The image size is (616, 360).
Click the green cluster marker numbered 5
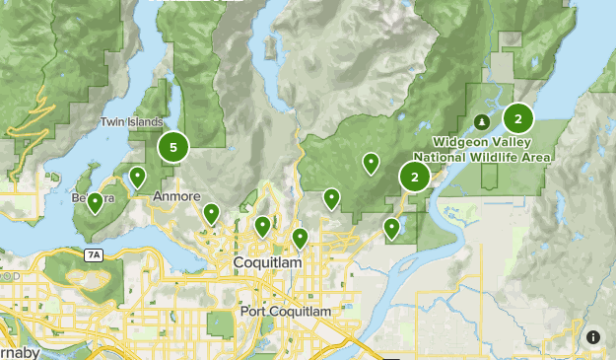tap(173, 148)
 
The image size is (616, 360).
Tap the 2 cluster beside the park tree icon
tap(517, 119)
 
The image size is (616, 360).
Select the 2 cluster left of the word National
tap(415, 178)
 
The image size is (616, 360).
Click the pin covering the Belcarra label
tap(95, 203)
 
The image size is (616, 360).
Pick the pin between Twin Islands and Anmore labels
tap(138, 178)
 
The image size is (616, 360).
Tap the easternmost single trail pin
tap(391, 229)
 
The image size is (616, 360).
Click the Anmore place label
tap(177, 197)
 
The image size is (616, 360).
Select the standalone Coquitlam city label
tap(266, 263)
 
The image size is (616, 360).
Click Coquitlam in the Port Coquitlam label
tap(301, 312)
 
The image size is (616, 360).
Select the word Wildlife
tap(495, 156)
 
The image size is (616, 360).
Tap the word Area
tap(537, 156)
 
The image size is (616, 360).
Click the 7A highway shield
tap(94, 254)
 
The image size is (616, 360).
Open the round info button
tap(593, 337)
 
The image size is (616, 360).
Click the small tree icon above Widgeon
tap(481, 122)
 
